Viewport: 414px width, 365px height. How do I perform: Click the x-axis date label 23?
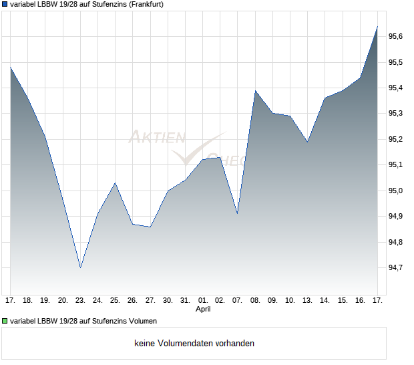[80, 301]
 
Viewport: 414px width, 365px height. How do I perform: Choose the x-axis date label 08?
[255, 301]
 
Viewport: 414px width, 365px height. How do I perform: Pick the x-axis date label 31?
[185, 301]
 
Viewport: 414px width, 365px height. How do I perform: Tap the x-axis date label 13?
[307, 301]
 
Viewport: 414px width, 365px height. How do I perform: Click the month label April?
[203, 310]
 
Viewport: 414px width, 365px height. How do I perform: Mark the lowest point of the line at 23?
[80, 267]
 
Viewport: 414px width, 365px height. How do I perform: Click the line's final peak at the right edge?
[377, 27]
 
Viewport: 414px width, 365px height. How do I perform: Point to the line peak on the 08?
[255, 90]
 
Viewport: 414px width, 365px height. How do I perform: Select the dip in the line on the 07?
[237, 213]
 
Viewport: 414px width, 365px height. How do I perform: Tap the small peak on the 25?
[115, 182]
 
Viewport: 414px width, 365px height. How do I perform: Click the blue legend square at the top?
[5, 5]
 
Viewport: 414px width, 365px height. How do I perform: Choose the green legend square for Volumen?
[5, 322]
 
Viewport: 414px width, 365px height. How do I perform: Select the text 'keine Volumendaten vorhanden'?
[194, 344]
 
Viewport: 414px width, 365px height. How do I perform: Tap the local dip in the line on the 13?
[307, 142]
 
